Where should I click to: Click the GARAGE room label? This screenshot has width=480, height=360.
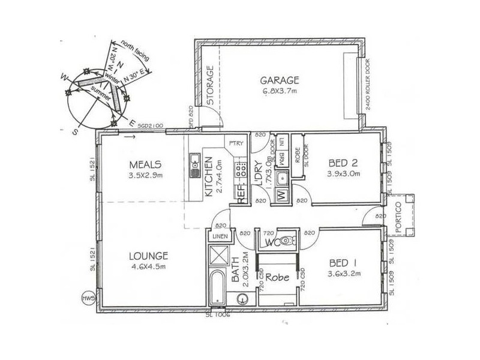point(279,80)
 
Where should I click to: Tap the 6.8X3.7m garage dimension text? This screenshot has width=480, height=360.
point(279,91)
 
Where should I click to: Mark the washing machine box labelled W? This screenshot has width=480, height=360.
point(281,194)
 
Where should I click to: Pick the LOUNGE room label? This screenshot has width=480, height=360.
point(148,256)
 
